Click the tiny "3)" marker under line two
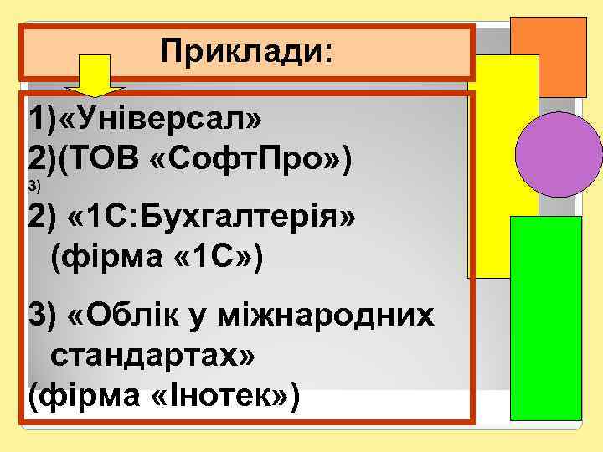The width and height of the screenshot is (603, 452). click(33, 183)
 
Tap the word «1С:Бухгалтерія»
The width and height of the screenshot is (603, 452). click(214, 217)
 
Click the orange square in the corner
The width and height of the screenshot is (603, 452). click(549, 55)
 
